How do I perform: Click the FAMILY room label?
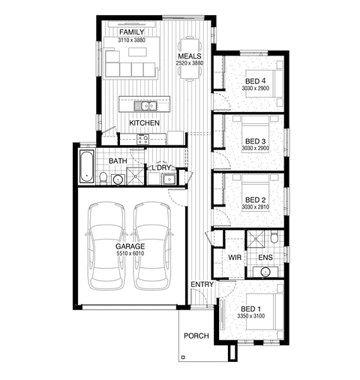pos(132,32)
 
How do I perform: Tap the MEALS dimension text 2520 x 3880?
pos(190,63)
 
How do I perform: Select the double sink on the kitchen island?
pos(145,106)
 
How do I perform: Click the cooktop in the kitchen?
pos(142,139)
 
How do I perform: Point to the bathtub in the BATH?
pos(87,167)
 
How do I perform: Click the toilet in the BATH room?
pos(103,178)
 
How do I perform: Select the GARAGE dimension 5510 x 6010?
pos(130,253)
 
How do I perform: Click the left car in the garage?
pos(106,246)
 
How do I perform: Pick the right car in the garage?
pos(152,246)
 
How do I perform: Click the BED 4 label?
pos(255,81)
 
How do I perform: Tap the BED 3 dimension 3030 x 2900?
pos(255,148)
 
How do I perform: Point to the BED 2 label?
pos(255,200)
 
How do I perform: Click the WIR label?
pos(235,258)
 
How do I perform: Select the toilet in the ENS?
pos(274,237)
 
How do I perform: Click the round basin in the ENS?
pos(265,272)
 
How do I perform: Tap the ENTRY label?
pos(202,285)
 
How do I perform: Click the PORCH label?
pos(196,336)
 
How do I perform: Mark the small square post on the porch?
pos(183,357)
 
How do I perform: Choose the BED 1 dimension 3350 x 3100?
pos(251,316)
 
